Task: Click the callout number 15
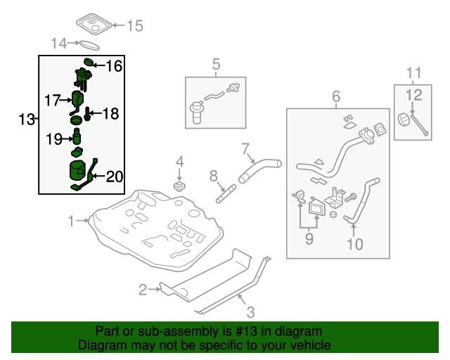[x=134, y=26]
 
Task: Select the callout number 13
[x=26, y=120]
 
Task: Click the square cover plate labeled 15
[x=94, y=24]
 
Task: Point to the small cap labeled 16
[x=89, y=63]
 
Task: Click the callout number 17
[x=53, y=100]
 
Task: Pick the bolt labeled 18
[x=89, y=112]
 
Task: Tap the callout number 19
[x=54, y=139]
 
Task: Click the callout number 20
[x=114, y=176]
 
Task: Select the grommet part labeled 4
[x=179, y=186]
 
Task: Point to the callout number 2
[x=142, y=288]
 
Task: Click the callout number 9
[x=309, y=239]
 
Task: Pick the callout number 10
[x=355, y=244]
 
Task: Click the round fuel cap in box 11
[x=404, y=120]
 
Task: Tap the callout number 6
[x=335, y=96]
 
